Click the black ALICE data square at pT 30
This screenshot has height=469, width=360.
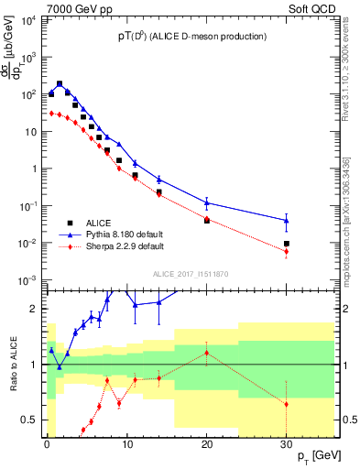287,244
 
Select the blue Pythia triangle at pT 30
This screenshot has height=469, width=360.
287,220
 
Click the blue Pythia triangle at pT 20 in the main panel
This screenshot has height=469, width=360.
207,202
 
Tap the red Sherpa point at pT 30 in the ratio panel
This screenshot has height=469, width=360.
287,404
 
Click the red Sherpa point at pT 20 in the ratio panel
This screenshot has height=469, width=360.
207,353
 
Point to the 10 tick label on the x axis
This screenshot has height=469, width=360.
126,443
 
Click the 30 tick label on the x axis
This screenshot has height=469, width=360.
286,443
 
